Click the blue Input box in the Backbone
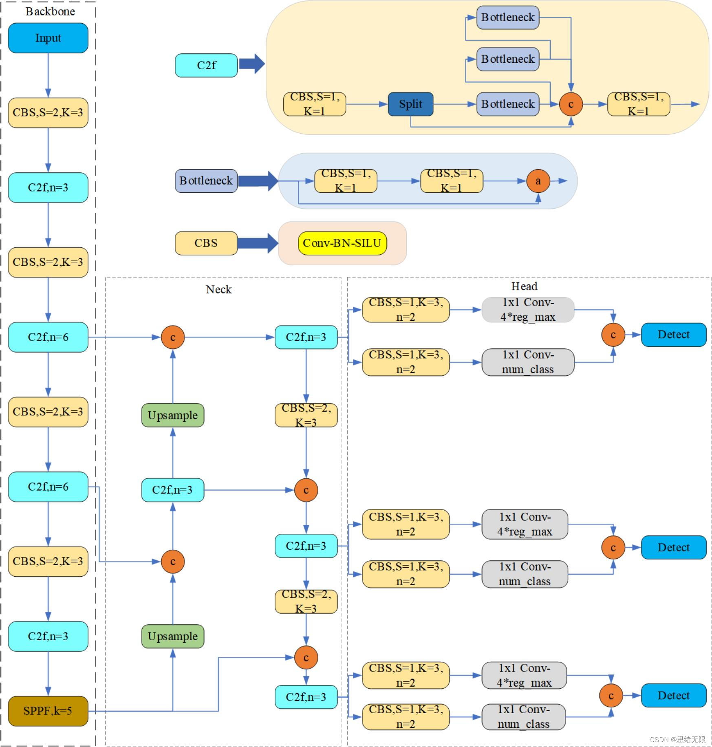click(48, 38)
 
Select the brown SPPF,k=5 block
click(48, 711)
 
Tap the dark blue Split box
click(410, 104)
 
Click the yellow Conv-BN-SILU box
click(342, 243)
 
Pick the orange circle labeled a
click(538, 181)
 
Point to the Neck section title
click(218, 289)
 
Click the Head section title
click(524, 286)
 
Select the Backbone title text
click(50, 11)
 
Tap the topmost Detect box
click(673, 335)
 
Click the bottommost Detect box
click(673, 695)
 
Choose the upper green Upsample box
click(172, 415)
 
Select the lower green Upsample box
click(172, 636)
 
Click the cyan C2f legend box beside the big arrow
click(206, 65)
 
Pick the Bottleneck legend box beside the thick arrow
click(206, 181)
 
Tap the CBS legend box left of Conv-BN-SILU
click(206, 243)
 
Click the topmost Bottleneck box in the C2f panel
click(507, 18)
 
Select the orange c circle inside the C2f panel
click(571, 104)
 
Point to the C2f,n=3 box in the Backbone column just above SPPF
click(48, 636)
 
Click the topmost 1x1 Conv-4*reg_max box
click(527, 310)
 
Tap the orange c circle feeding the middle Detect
click(613, 547)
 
